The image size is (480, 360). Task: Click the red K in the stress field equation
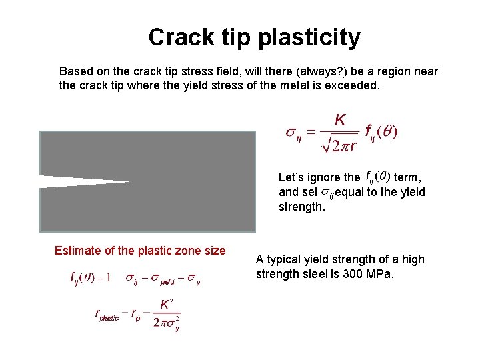pyautogui.click(x=340, y=121)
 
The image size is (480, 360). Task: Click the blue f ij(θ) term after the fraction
pyautogui.click(x=382, y=131)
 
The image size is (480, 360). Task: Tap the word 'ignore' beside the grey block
pyautogui.click(x=323, y=177)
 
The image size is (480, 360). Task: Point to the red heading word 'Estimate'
pyautogui.click(x=79, y=251)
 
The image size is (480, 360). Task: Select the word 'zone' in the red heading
pyautogui.click(x=191, y=251)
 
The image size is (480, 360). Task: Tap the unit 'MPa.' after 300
pyautogui.click(x=382, y=273)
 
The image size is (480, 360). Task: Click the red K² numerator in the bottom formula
pyautogui.click(x=167, y=305)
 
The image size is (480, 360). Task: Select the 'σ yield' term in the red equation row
pyautogui.click(x=164, y=279)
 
